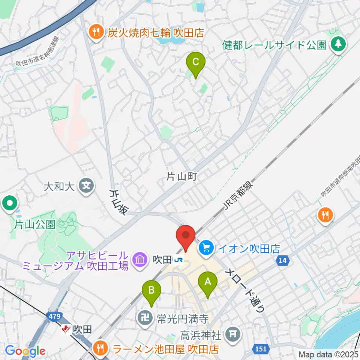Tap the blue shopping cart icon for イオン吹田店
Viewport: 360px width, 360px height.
(206, 247)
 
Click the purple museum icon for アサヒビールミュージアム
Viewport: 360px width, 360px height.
(139, 259)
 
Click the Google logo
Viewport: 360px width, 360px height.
(25, 351)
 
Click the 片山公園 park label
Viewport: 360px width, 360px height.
(34, 225)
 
